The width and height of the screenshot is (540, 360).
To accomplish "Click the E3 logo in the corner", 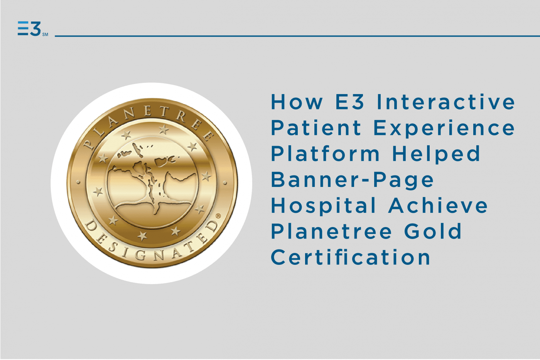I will (29, 29).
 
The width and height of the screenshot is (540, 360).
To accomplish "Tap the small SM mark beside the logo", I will (45, 35).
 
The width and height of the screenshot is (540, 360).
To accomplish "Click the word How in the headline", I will (297, 102).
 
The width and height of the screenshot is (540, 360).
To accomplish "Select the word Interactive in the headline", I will (446, 102).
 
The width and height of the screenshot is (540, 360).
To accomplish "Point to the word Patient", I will (316, 128).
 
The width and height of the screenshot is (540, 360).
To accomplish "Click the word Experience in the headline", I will (444, 128).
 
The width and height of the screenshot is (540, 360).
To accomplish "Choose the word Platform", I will (325, 154).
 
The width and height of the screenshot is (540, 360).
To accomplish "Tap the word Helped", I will (436, 154).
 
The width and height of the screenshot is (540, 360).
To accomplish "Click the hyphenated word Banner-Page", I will (352, 180).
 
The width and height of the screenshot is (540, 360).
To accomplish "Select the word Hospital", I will (324, 205).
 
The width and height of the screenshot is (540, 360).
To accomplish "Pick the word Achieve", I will (438, 205).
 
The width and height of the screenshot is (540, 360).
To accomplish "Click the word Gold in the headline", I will (433, 231).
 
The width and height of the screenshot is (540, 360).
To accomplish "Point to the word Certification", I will (351, 257).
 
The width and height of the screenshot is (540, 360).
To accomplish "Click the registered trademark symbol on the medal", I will (218, 216).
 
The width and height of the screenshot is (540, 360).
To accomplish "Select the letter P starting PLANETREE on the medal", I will (89, 145).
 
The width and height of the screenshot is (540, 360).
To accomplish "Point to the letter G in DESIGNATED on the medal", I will (141, 255).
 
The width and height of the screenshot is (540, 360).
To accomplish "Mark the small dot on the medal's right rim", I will (225, 183).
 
